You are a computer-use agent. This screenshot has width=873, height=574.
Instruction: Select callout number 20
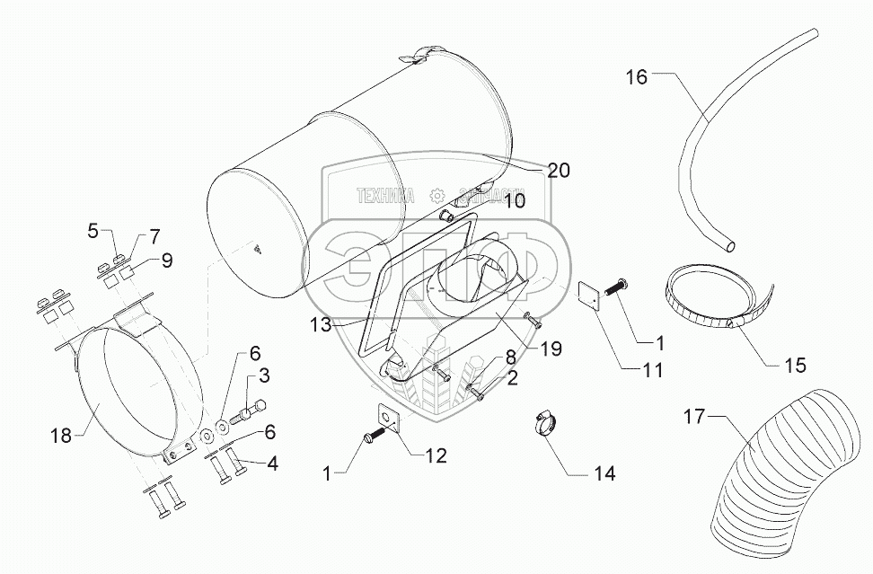point(559,171)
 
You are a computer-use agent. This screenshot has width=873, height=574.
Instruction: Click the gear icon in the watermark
point(437,194)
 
